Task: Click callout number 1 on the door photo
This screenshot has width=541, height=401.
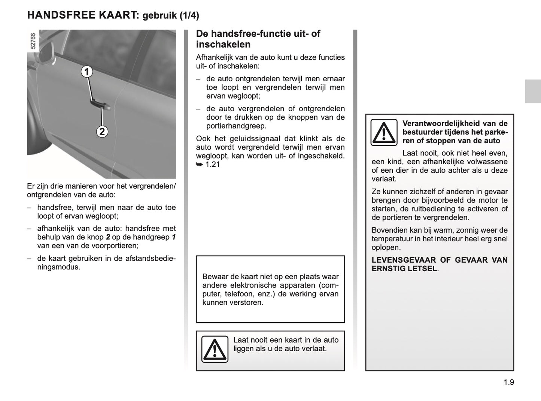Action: pyautogui.click(x=87, y=72)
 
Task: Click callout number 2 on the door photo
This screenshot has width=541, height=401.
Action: pyautogui.click(x=102, y=132)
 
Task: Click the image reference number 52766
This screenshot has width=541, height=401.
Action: pyautogui.click(x=33, y=41)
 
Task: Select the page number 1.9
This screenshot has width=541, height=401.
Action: pyautogui.click(x=508, y=382)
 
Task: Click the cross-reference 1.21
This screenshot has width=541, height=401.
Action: pyautogui.click(x=213, y=164)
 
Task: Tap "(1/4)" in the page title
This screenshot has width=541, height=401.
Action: pyautogui.click(x=189, y=15)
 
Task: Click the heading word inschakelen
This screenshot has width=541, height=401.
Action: pyautogui.click(x=223, y=44)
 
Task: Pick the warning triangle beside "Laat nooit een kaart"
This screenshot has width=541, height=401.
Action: pyautogui.click(x=215, y=349)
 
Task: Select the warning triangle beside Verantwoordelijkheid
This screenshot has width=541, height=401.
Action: pyautogui.click(x=384, y=132)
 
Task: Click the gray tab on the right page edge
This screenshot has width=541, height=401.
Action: pyautogui.click(x=532, y=91)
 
